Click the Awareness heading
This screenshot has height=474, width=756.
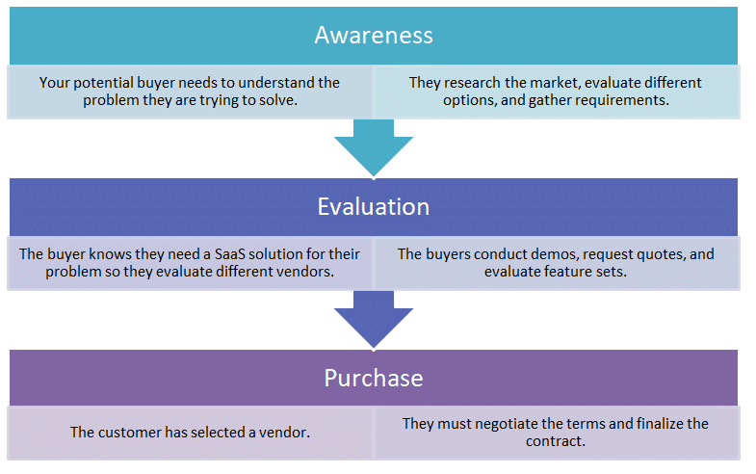pos(374,36)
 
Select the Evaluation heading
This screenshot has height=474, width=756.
pos(374,207)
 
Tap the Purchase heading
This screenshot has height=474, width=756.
pos(374,378)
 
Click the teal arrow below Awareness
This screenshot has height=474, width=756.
pos(374,148)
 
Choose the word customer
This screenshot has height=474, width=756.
pos(130,433)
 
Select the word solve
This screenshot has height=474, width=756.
pos(280,100)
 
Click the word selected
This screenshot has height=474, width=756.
pos(218,433)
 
